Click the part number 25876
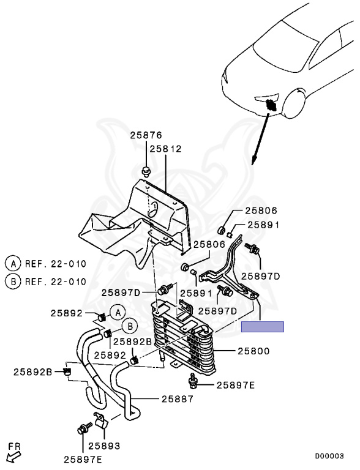tap(146, 135)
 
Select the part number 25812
tap(165, 149)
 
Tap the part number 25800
tap(253, 351)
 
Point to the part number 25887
tap(178, 399)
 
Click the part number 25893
tap(104, 446)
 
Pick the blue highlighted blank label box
tap(263, 327)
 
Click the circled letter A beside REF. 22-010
tap(13, 264)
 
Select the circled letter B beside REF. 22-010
tap(13, 282)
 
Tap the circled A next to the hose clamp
tap(118, 313)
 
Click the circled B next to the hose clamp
tap(130, 326)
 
